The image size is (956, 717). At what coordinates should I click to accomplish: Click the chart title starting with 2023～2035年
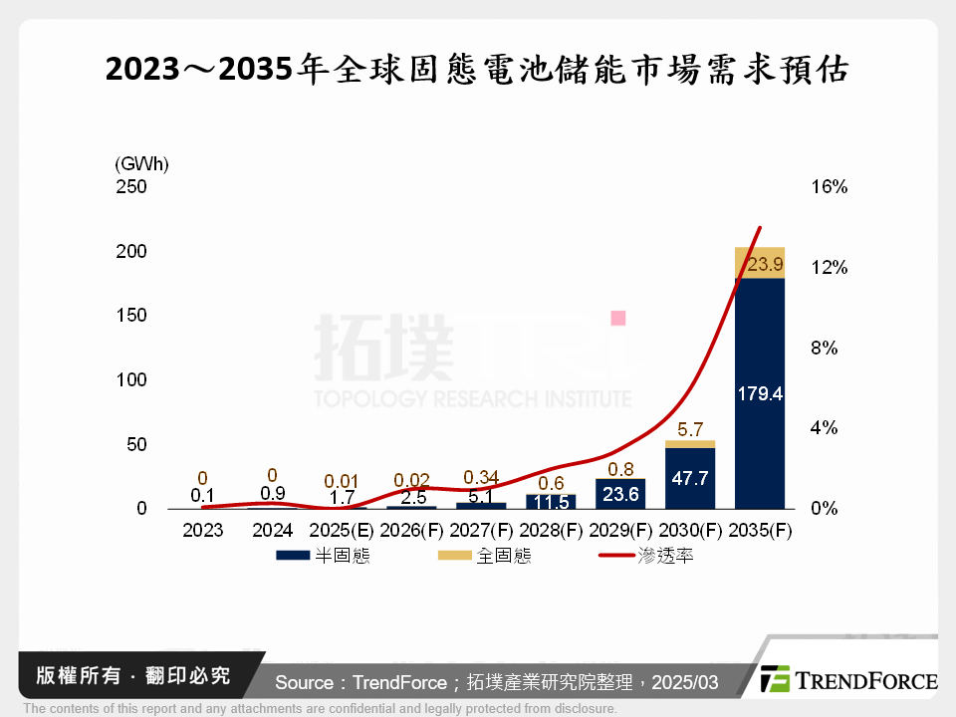tap(477, 72)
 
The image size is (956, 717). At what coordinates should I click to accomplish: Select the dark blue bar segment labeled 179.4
tap(760, 393)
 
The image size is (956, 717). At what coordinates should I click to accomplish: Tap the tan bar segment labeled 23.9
tap(760, 264)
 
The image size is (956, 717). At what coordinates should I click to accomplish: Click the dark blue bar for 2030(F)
tap(690, 478)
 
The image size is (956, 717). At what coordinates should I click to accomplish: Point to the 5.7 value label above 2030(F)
tap(690, 430)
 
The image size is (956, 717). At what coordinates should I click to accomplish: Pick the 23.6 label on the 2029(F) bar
tap(621, 495)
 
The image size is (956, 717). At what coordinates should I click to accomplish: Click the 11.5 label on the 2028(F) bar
tap(552, 501)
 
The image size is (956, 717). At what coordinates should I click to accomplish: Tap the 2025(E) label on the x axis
tap(343, 531)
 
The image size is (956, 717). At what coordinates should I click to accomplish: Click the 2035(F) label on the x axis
tap(760, 531)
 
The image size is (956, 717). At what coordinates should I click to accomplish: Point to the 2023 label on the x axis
tap(203, 531)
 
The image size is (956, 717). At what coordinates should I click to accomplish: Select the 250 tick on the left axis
tap(132, 187)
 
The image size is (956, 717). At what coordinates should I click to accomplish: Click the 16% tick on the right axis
tap(828, 187)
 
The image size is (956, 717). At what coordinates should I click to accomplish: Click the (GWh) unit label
tap(142, 163)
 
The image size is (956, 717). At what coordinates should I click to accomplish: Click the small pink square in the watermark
tap(617, 319)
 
